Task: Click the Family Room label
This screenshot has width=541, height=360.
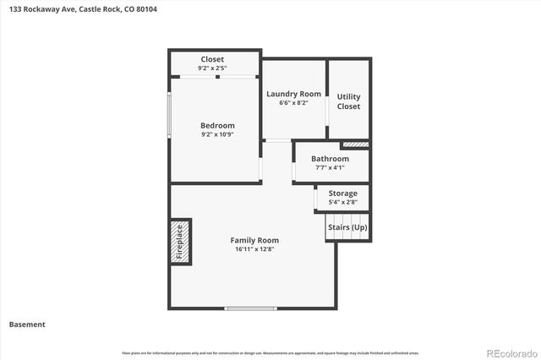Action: pos(254,240)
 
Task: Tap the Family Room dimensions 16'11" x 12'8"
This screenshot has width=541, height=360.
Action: pos(254,250)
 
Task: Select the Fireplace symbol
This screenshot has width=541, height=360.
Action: pos(179,242)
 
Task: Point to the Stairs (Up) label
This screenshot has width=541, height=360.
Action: pos(347,227)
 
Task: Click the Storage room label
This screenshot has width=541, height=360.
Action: pos(342,194)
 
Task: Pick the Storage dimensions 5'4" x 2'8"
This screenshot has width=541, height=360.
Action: pos(342,203)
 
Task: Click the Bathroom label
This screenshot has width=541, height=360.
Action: pos(330,159)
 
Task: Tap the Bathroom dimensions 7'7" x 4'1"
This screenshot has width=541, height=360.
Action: pos(330,168)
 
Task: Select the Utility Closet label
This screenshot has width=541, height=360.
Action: pos(348,101)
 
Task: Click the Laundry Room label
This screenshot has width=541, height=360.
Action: pos(293,94)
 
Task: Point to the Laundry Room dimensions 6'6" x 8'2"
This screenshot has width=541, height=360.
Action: pos(293,103)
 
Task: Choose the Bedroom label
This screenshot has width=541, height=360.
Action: pos(216,125)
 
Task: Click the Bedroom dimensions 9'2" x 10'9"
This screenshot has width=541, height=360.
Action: pos(216,134)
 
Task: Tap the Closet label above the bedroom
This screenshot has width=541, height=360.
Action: pos(212,59)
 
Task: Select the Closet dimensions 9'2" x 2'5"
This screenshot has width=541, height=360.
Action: pos(212,68)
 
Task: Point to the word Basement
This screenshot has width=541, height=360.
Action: pos(27,325)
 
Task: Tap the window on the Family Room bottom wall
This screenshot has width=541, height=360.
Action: pos(251,308)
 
